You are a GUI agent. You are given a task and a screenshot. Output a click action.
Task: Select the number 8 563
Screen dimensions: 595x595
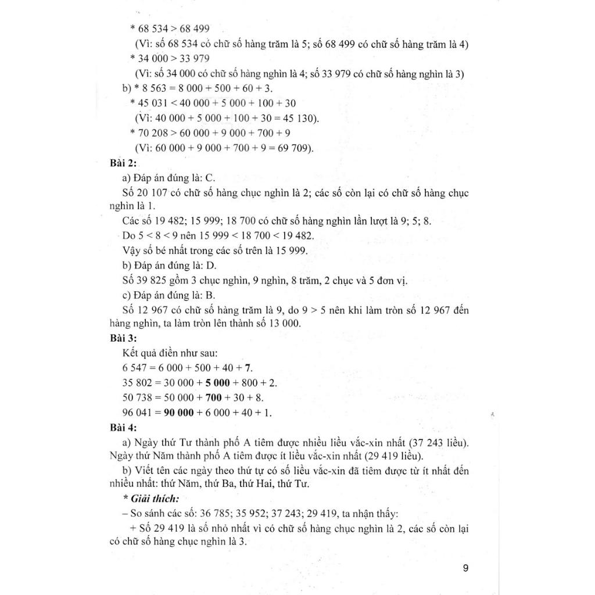click(152, 88)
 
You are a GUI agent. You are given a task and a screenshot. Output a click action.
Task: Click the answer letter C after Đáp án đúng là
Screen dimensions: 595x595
click(210, 178)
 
